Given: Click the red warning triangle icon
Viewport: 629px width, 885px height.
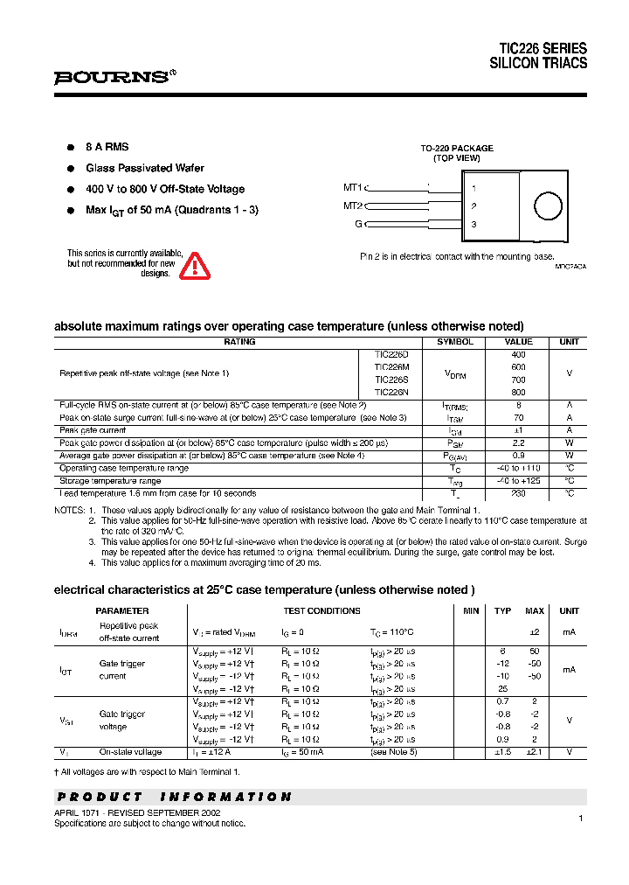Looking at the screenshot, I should click(195, 266).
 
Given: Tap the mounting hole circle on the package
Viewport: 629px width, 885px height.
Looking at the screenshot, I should click(548, 206).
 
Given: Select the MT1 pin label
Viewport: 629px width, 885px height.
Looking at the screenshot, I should click(352, 187).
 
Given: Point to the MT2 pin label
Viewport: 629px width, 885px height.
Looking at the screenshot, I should click(352, 206).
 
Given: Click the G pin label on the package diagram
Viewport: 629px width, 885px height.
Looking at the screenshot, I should click(357, 225).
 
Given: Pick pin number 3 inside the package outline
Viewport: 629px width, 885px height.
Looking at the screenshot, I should click(473, 225).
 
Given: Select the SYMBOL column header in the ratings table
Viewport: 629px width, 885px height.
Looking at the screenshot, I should click(455, 342).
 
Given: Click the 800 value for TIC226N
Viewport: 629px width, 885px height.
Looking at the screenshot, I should click(518, 393).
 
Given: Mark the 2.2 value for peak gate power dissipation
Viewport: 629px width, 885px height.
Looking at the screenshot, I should click(518, 443).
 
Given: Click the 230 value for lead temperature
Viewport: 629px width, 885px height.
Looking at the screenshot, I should click(518, 493).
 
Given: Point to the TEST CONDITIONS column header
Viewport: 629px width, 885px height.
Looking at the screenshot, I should click(321, 611).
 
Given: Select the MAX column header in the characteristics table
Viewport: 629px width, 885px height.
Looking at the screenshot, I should click(535, 611).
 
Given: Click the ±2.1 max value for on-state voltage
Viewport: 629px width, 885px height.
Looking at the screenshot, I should click(535, 752).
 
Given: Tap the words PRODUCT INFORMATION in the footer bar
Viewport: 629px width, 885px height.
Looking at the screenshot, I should click(174, 797).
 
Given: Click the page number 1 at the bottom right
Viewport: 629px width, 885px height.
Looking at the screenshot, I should click(580, 818).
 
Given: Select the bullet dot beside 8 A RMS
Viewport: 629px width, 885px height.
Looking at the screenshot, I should click(70, 148).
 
